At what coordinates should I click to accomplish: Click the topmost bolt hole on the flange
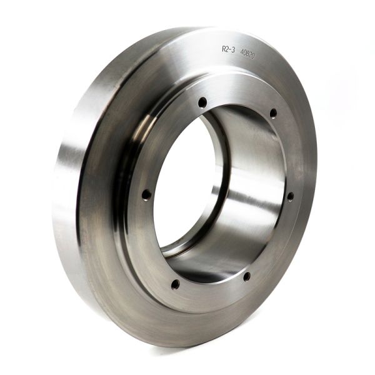click(x=202, y=101)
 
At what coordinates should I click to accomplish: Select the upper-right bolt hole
click(x=273, y=113)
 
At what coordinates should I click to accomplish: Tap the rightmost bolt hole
click(x=290, y=196)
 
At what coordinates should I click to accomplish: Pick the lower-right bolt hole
click(x=247, y=276)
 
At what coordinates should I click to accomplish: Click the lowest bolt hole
click(x=176, y=284)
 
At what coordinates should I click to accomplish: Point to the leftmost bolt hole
click(x=146, y=194)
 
